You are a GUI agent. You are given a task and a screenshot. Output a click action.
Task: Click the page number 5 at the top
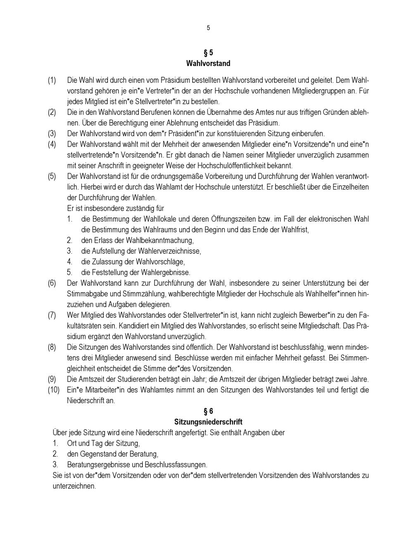208,28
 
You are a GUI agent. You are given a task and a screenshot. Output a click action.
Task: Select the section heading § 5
208,53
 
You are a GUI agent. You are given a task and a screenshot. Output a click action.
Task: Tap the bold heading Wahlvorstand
208,64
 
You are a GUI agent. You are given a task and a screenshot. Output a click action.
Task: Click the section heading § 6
208,411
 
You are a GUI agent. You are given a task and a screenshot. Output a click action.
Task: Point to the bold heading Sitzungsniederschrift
208,422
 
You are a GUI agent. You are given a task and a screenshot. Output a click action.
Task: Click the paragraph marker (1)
52,80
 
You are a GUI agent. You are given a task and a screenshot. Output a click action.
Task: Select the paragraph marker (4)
52,144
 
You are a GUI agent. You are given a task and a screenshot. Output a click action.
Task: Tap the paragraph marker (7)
52,315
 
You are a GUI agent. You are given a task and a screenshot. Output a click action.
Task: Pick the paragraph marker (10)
53,390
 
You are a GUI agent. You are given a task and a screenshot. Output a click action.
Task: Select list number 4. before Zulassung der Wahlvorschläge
70,262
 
